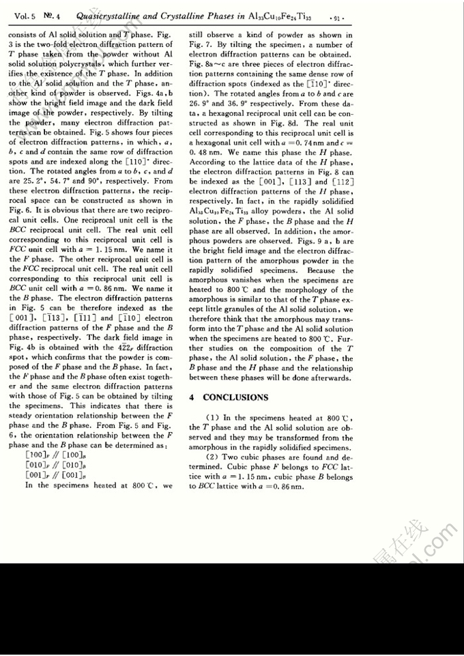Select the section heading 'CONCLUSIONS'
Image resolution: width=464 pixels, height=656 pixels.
(235, 397)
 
